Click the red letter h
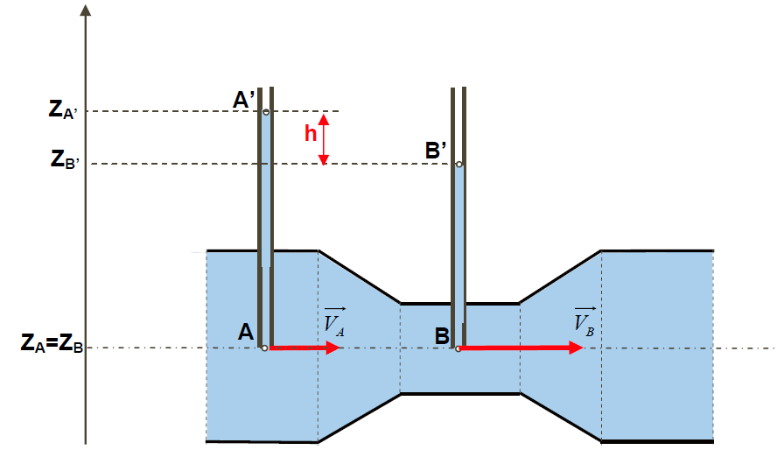click(x=311, y=133)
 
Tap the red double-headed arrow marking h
click(x=323, y=139)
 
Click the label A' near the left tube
click(x=244, y=100)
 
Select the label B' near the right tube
click(x=436, y=151)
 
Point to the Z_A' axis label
click(x=63, y=109)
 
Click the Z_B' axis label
click(x=65, y=159)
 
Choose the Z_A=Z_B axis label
click(x=52, y=343)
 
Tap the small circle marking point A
click(x=264, y=348)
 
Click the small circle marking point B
click(x=458, y=349)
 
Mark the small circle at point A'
click(x=266, y=113)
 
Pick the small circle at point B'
click(x=459, y=164)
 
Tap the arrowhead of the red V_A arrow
click(x=333, y=348)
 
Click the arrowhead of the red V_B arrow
click(x=576, y=348)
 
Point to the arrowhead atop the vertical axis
click(x=86, y=10)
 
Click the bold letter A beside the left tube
click(x=246, y=332)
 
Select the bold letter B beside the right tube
click(x=442, y=336)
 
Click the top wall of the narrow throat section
click(x=460, y=303)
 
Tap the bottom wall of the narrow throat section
click(x=460, y=394)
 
